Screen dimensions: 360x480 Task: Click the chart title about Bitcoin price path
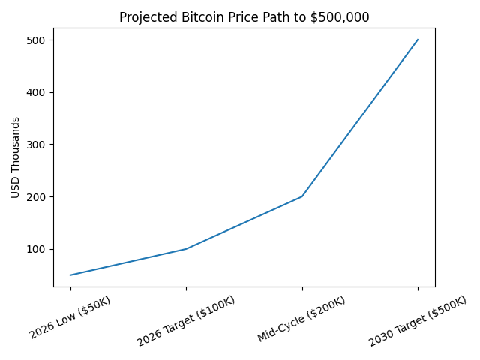click(x=244, y=17)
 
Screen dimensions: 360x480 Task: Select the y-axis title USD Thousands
click(x=16, y=157)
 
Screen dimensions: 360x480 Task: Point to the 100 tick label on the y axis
click(x=38, y=249)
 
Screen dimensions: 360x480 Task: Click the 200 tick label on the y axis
click(x=38, y=196)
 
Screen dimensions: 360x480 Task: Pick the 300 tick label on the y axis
click(x=38, y=145)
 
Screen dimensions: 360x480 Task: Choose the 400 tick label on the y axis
click(x=38, y=92)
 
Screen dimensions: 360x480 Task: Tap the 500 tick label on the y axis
click(x=38, y=40)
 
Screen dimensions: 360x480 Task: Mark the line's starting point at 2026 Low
click(x=70, y=275)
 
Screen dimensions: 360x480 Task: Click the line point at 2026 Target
click(x=186, y=249)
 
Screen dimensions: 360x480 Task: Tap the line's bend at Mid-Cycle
click(x=302, y=196)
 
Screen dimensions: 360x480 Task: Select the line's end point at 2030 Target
click(x=418, y=40)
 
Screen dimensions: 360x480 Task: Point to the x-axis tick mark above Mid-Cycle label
click(x=302, y=289)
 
